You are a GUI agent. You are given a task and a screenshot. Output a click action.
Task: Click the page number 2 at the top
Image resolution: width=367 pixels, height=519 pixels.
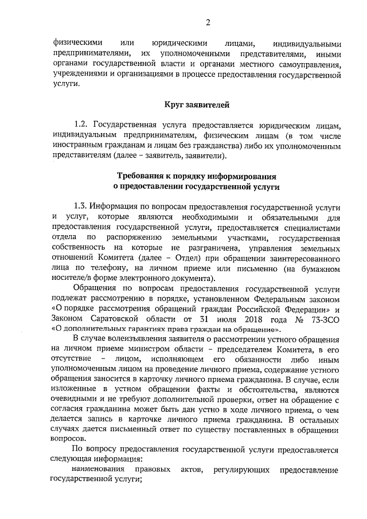[208, 22]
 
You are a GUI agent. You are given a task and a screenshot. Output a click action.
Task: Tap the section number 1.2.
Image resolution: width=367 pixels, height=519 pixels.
[80, 125]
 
